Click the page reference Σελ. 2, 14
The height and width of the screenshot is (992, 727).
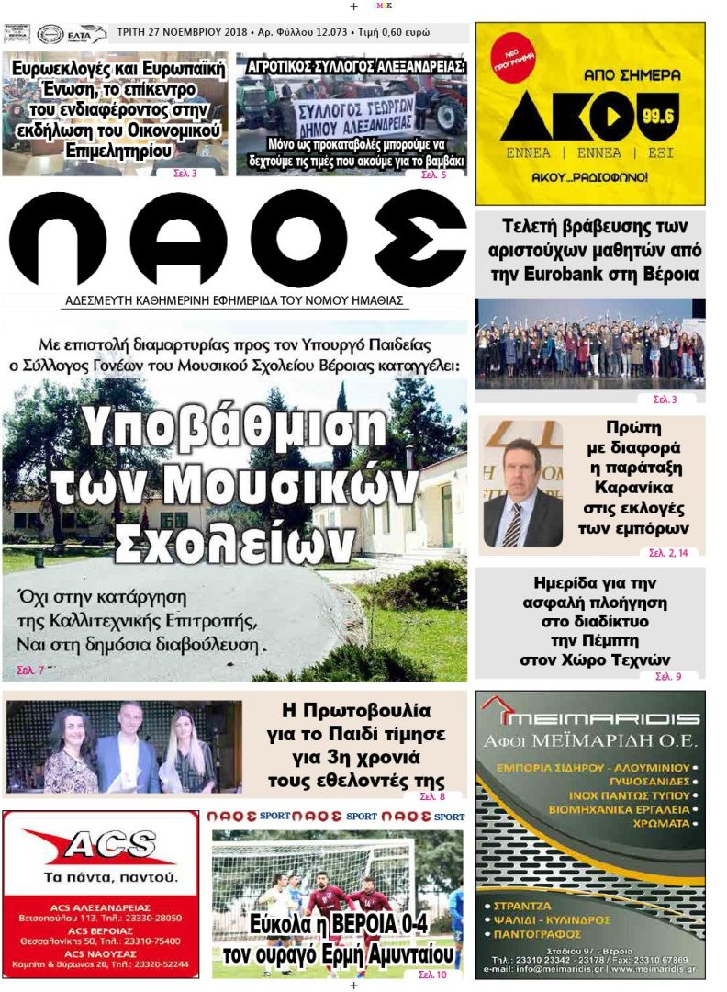[x=673, y=552]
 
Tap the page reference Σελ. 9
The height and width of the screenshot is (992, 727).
[x=667, y=676]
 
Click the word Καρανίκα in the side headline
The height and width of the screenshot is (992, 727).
[x=632, y=487]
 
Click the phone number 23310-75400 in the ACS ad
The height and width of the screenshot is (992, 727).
[x=150, y=941]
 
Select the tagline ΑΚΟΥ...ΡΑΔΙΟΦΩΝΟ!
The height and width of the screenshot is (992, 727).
[x=590, y=175]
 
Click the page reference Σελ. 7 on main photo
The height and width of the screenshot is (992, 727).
[x=29, y=671]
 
